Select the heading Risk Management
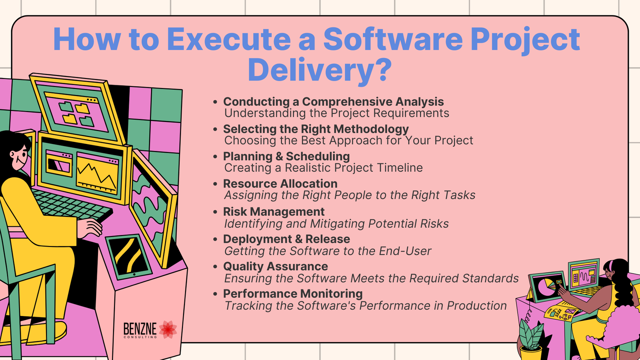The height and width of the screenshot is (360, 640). (274, 212)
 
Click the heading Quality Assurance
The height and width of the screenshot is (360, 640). (276, 266)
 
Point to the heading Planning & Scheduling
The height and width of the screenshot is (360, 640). (286, 156)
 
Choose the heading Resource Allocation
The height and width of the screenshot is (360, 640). (280, 184)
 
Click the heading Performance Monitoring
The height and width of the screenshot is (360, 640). (293, 294)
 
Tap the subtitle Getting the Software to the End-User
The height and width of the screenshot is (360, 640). (328, 251)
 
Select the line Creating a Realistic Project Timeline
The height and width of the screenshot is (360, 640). (324, 168)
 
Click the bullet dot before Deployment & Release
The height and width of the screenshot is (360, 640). (216, 240)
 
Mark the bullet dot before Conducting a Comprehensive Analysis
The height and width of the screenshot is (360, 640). (216, 102)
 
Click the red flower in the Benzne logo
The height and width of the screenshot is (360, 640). (168, 330)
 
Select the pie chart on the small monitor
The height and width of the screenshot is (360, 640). (546, 288)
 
